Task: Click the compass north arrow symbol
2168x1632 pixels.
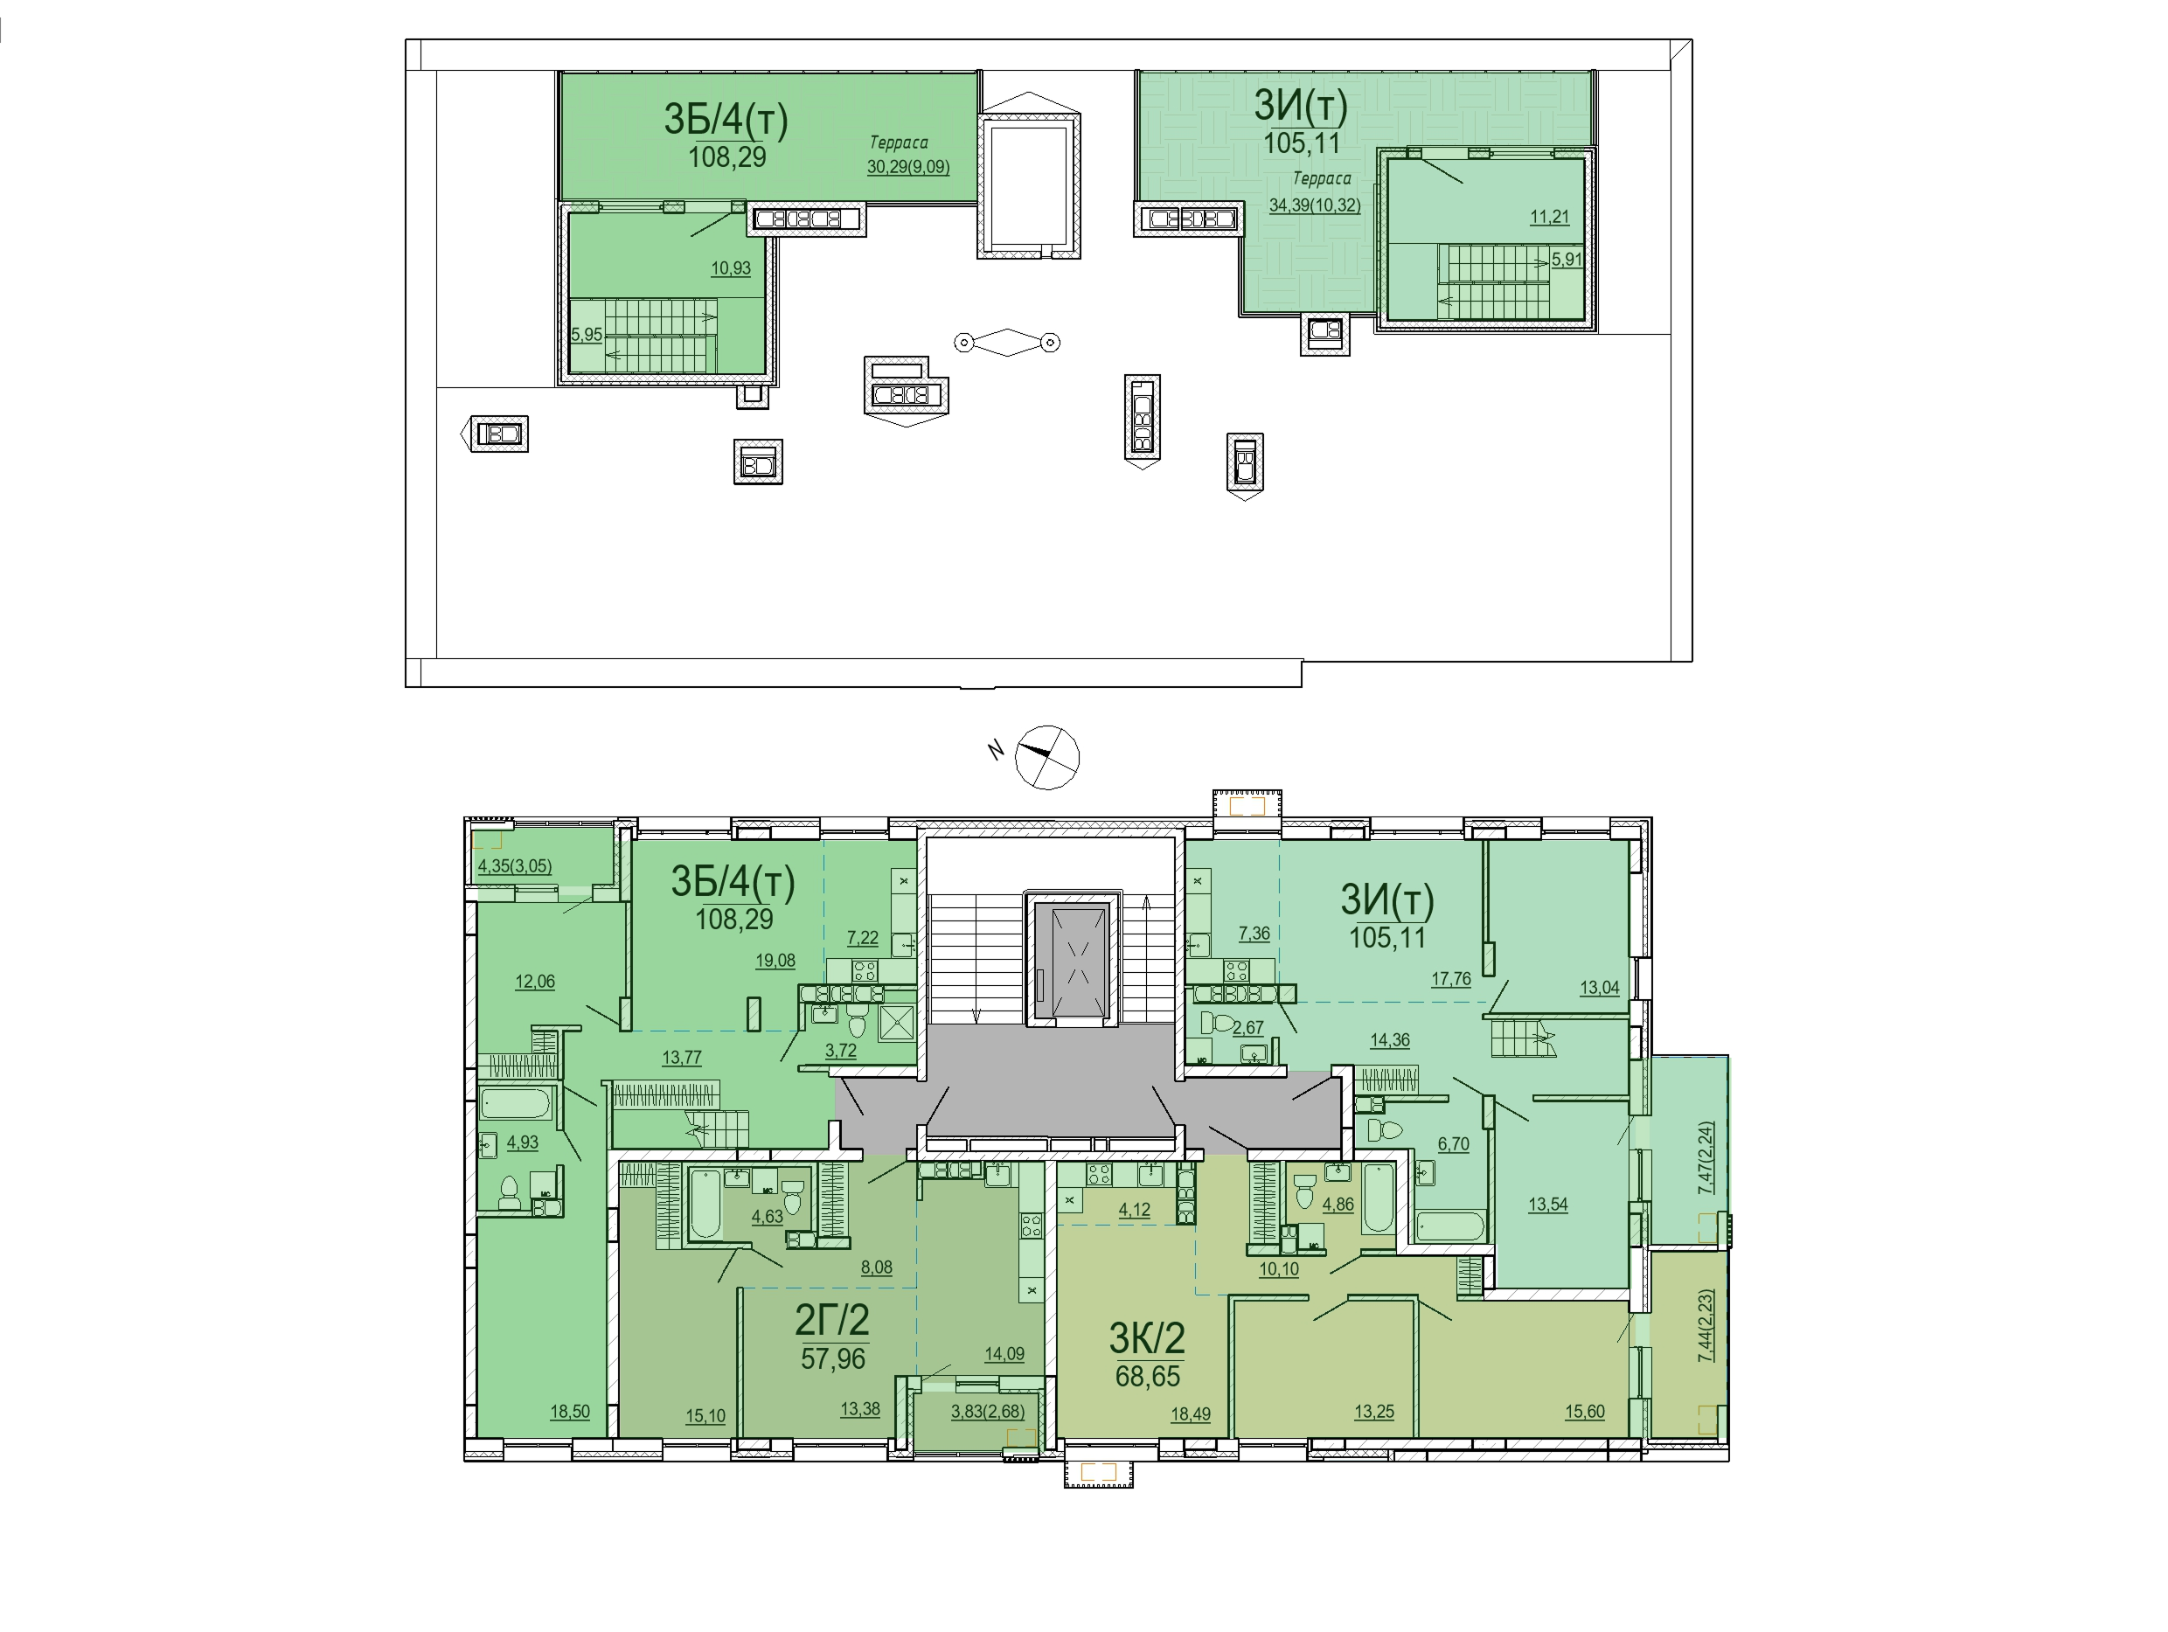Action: pos(1046,757)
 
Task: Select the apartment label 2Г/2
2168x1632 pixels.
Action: pos(831,1320)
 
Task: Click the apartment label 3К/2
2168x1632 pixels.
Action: pos(1147,1337)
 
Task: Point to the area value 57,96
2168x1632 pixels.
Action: pos(833,1358)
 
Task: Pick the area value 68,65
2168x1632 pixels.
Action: pos(1148,1376)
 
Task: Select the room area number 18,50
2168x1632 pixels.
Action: pos(569,1412)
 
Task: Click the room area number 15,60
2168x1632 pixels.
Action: pos(1585,1412)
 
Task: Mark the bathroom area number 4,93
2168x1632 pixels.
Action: pos(523,1142)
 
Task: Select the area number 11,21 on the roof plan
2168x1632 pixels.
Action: pos(1550,217)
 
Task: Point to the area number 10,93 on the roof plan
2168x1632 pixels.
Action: pos(731,267)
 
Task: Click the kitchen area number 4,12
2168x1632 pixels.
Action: pos(1134,1210)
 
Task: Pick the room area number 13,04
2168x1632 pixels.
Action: pos(1600,988)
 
